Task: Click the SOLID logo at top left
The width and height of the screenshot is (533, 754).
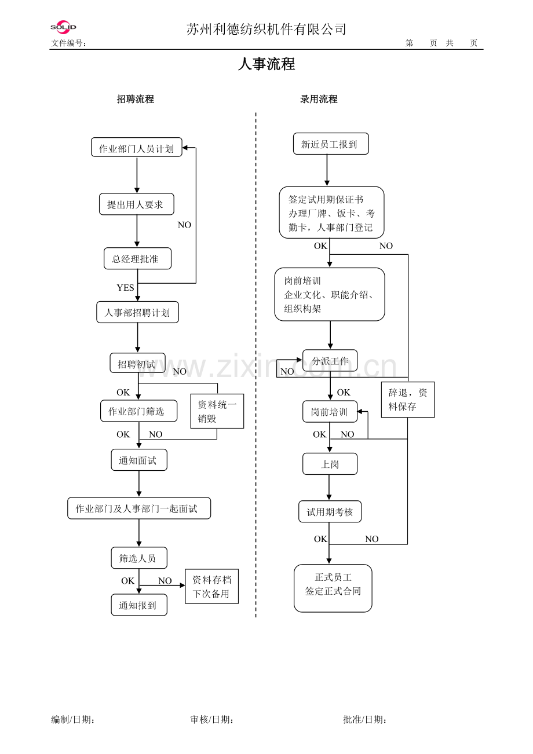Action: (x=63, y=27)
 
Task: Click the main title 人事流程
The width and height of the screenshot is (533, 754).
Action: (x=266, y=64)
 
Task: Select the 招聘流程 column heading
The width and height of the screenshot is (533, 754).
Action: (x=136, y=99)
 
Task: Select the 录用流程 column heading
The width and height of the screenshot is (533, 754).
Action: (x=319, y=99)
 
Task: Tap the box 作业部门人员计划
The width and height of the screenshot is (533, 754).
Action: (x=137, y=148)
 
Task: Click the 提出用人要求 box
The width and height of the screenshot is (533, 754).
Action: (x=136, y=204)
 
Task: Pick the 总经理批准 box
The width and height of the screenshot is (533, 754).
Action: (x=137, y=259)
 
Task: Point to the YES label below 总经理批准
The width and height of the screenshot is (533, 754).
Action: (x=125, y=288)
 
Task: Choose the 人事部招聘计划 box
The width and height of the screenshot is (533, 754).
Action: (x=137, y=313)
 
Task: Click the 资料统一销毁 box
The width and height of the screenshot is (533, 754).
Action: (x=217, y=411)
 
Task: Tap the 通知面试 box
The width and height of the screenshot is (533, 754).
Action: (x=139, y=460)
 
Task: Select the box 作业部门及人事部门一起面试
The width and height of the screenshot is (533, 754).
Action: (x=138, y=508)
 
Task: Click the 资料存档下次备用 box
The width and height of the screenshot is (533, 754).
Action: (x=211, y=587)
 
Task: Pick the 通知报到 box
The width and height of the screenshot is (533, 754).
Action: (x=139, y=605)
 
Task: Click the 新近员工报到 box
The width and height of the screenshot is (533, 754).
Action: (x=330, y=144)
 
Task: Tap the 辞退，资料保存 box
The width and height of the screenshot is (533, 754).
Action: (x=408, y=400)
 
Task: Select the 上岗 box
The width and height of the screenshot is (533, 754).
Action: (x=330, y=464)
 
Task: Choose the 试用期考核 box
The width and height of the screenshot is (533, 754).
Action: (x=330, y=512)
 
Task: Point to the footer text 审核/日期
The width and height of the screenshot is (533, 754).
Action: (x=212, y=720)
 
